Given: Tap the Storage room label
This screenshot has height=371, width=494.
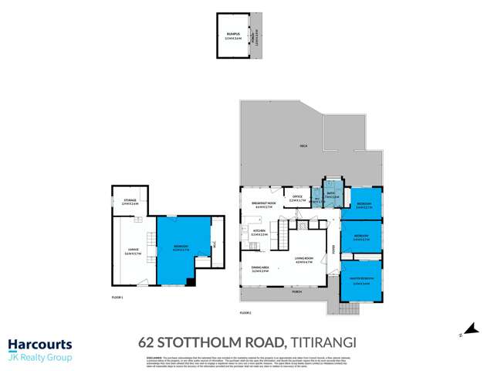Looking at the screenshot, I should click(129, 201).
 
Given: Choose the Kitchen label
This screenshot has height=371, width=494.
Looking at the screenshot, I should click(259, 232).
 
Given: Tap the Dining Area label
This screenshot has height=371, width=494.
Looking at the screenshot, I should click(259, 270).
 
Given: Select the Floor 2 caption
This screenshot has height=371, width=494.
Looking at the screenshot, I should click(246, 312).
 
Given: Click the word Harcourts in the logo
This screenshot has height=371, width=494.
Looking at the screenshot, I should click(40, 345).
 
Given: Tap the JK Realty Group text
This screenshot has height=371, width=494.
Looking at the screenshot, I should click(40, 358).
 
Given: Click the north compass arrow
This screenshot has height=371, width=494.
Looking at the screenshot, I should click(461, 331).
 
